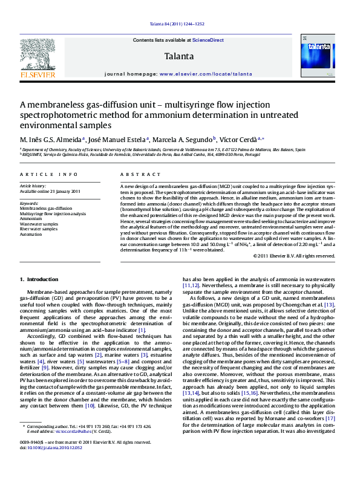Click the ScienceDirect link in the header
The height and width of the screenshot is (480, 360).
(208, 41)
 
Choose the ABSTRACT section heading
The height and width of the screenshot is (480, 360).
(134, 174)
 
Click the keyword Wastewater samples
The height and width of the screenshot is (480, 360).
(39, 224)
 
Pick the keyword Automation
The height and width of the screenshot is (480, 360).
(31, 234)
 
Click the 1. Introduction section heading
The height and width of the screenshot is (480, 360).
(39, 279)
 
